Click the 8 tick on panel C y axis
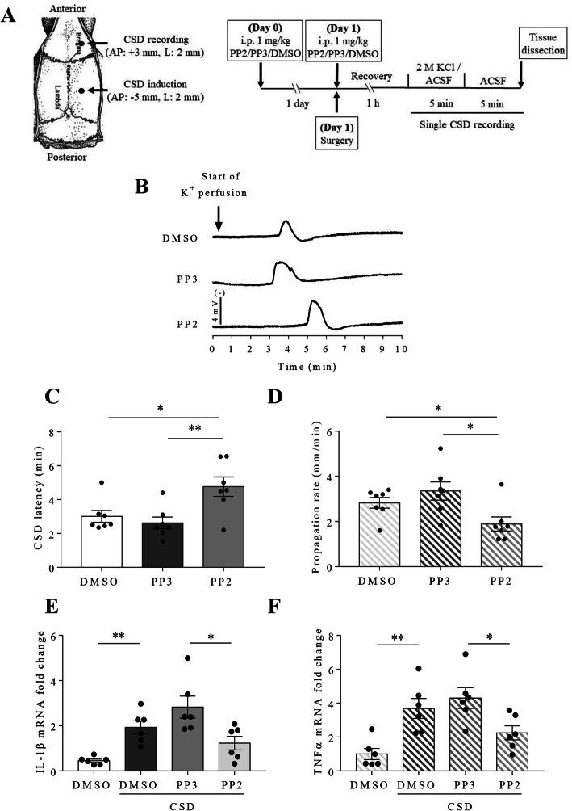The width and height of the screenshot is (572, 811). click(x=54, y=432)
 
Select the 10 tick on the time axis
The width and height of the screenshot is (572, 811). click(x=398, y=349)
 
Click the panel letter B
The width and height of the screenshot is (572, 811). click(x=142, y=186)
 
